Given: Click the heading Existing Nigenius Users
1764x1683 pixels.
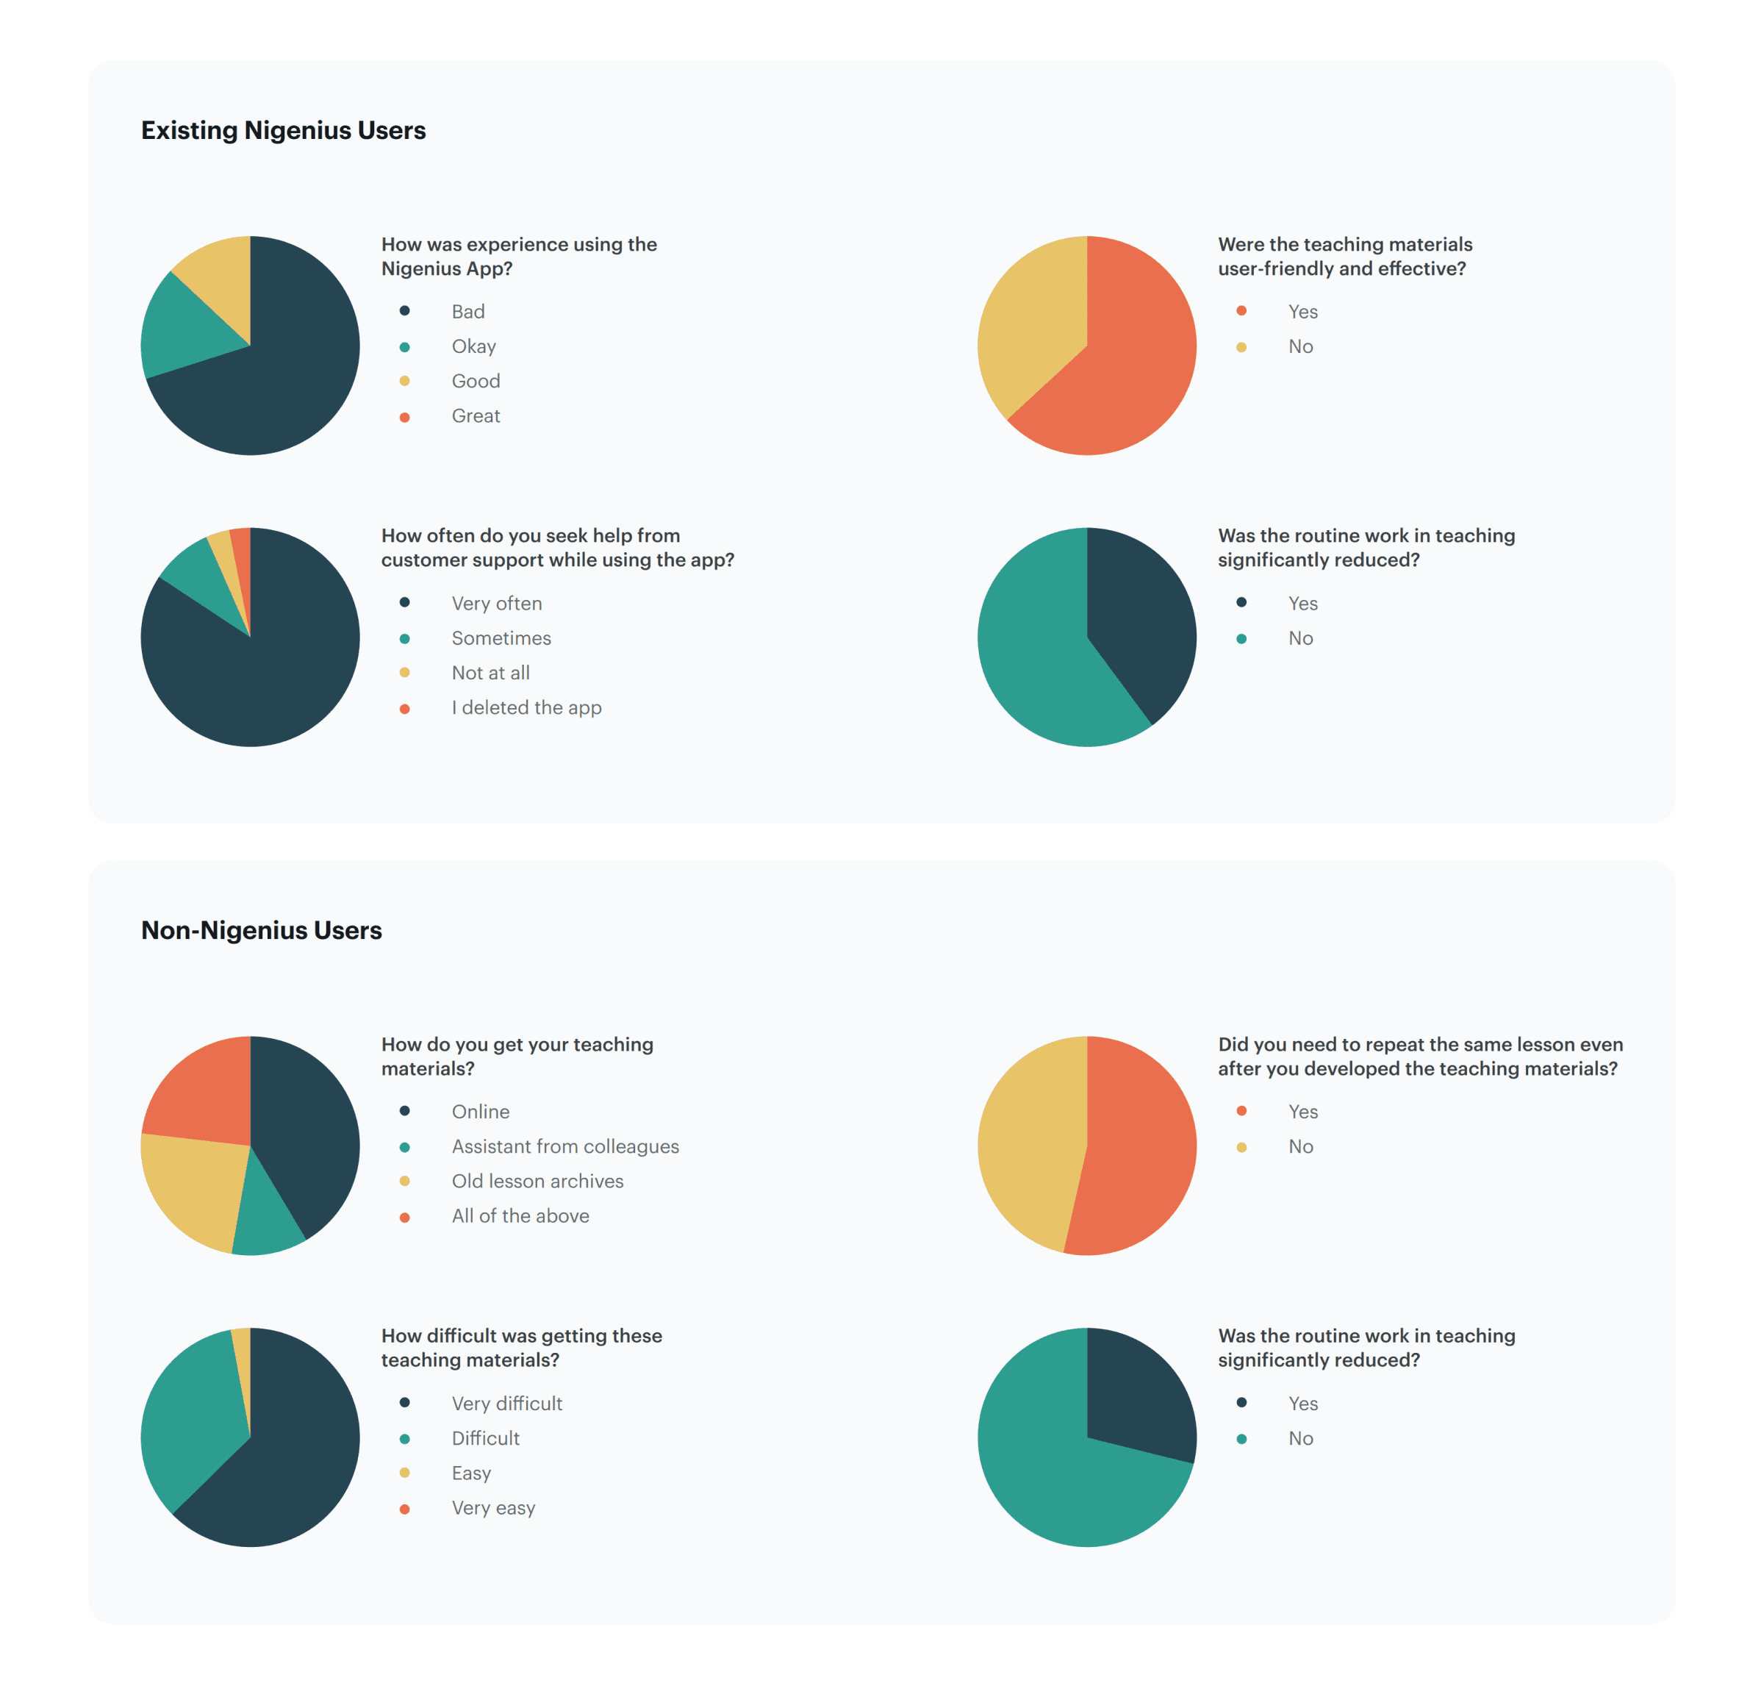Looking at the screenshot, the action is (284, 130).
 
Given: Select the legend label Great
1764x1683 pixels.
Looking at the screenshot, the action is (476, 416).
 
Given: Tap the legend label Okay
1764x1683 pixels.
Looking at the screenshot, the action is (473, 346).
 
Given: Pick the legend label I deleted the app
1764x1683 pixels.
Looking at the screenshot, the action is (526, 708).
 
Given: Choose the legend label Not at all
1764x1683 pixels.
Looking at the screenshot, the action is (490, 673).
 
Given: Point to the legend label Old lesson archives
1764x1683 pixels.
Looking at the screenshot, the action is (537, 1182).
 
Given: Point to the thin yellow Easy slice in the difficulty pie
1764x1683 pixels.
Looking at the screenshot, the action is (242, 1364).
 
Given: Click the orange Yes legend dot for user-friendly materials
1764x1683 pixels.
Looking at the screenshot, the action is (1241, 310).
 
